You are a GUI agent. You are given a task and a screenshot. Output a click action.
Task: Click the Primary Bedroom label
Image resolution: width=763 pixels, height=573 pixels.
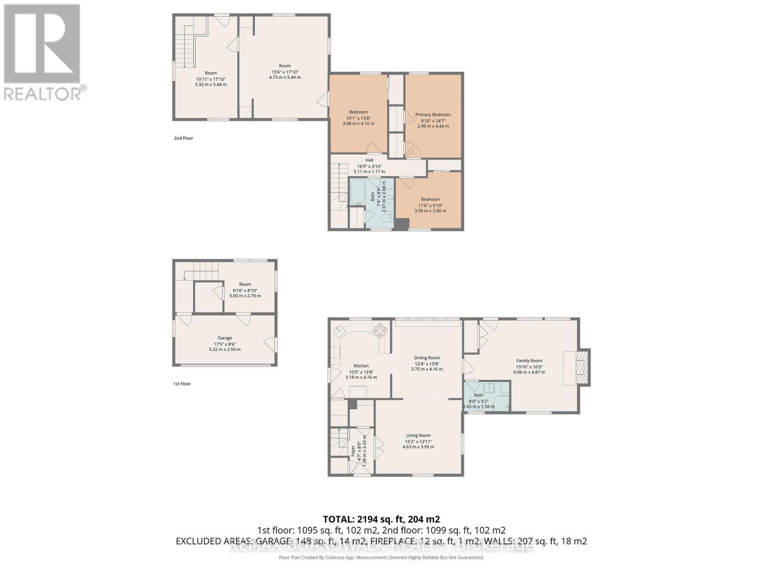(x=433, y=115)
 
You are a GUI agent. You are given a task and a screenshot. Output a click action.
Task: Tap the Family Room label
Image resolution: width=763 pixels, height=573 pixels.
(x=529, y=361)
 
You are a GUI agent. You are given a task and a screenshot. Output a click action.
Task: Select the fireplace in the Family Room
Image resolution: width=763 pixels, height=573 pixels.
(x=580, y=366)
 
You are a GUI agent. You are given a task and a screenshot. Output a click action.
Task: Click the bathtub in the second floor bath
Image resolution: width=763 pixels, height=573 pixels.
(x=357, y=192)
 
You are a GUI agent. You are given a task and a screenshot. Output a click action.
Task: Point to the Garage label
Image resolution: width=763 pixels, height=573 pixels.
(x=225, y=338)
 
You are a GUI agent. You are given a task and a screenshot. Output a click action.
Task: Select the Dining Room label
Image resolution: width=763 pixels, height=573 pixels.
(x=427, y=358)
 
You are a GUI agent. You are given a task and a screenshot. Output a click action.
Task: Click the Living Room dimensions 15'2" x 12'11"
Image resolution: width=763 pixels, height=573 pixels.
(x=418, y=441)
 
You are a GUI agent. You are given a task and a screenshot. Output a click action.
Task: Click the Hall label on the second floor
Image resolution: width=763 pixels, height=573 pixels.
(x=369, y=160)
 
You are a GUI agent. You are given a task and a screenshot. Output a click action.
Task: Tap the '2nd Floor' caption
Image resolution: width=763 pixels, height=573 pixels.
(x=184, y=138)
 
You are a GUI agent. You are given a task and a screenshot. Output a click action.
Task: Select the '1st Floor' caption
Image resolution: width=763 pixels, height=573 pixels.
(x=182, y=383)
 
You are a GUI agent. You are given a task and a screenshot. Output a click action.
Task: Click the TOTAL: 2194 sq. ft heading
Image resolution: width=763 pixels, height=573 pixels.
(x=381, y=519)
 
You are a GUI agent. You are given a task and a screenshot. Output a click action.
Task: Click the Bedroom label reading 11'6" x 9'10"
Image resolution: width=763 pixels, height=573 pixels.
(x=430, y=200)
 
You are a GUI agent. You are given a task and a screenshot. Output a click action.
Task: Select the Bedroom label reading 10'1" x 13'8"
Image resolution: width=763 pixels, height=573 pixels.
(x=358, y=112)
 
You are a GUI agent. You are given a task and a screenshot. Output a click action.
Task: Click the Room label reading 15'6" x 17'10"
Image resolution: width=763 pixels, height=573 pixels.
(x=285, y=66)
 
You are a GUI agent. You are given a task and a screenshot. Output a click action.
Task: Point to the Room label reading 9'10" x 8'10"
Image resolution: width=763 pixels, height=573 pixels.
(x=245, y=285)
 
